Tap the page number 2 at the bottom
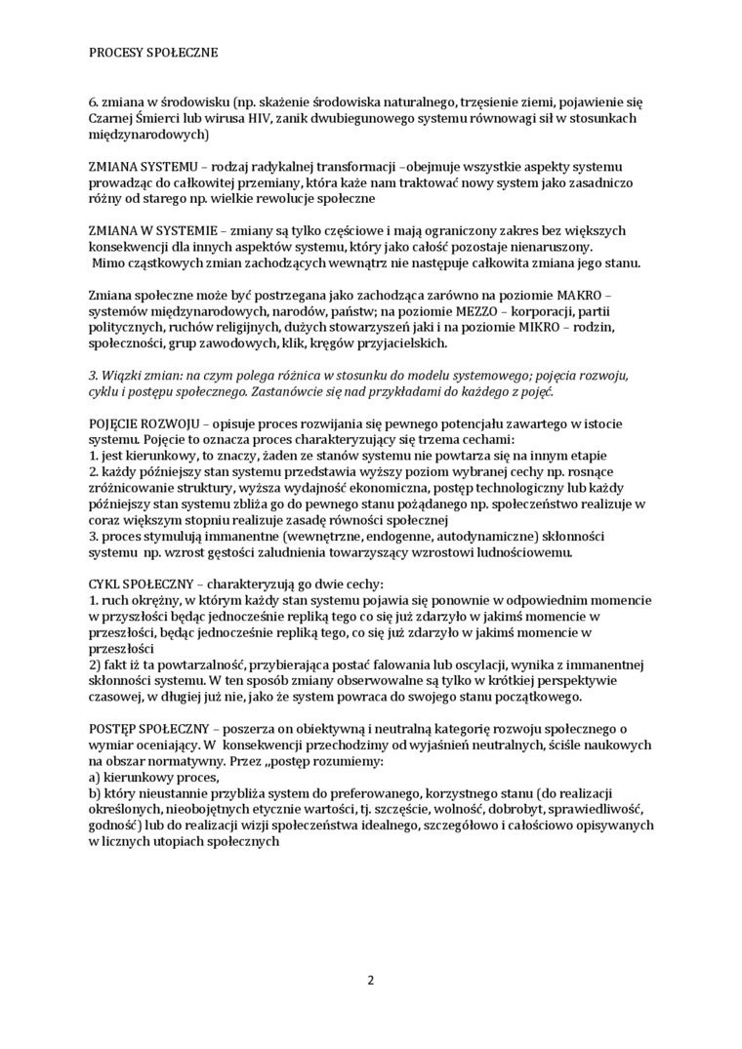click(371, 980)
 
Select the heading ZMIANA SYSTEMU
click(137, 167)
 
